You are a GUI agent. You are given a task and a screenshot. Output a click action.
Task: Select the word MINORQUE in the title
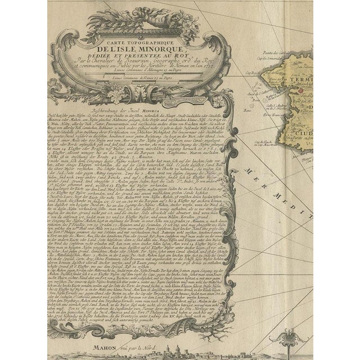pos(161,49)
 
